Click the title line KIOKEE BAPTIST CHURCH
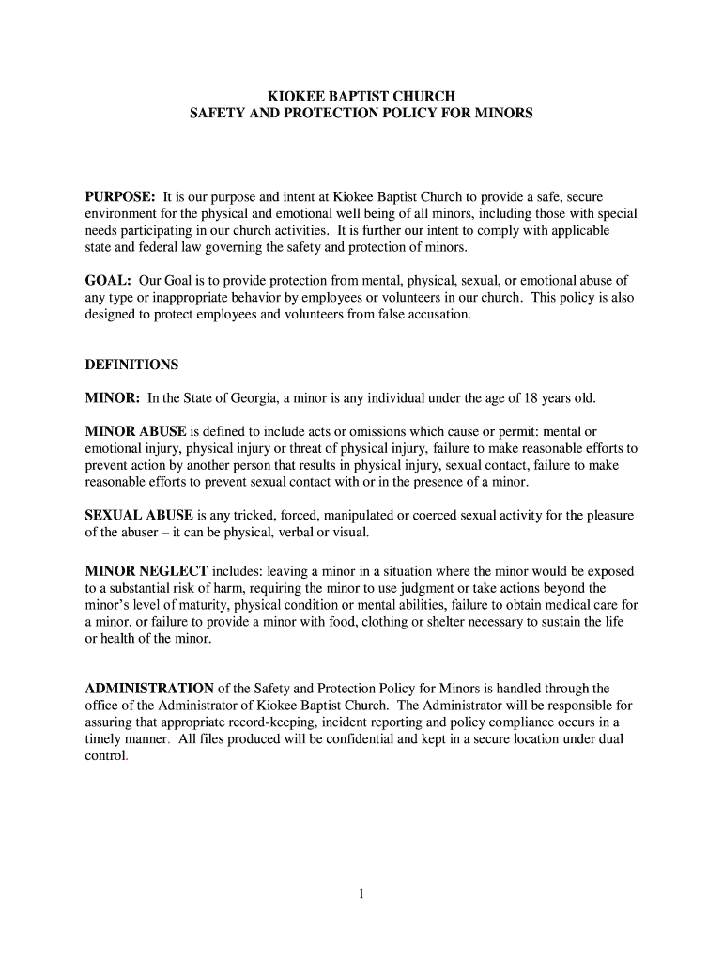pos(361,96)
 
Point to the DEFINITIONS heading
pos(131,364)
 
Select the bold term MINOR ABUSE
pos(136,432)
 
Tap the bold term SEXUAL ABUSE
pos(139,516)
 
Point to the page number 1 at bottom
pos(361,894)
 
